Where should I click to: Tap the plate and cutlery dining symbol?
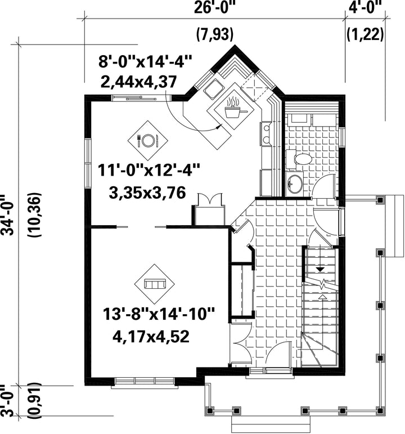pyautogui.click(x=148, y=140)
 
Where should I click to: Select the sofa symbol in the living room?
pyautogui.click(x=155, y=284)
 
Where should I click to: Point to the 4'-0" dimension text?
pyautogui.click(x=365, y=7)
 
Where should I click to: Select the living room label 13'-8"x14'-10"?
pyautogui.click(x=159, y=314)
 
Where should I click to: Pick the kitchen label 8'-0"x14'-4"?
pyautogui.click(x=145, y=61)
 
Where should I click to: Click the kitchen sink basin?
pyautogui.click(x=213, y=88)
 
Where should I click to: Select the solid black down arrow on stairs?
pyautogui.click(x=321, y=269)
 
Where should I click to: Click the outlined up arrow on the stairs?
pyautogui.click(x=322, y=297)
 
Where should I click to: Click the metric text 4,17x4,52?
pyautogui.click(x=151, y=337)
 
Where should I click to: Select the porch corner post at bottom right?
pyautogui.click(x=381, y=410)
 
